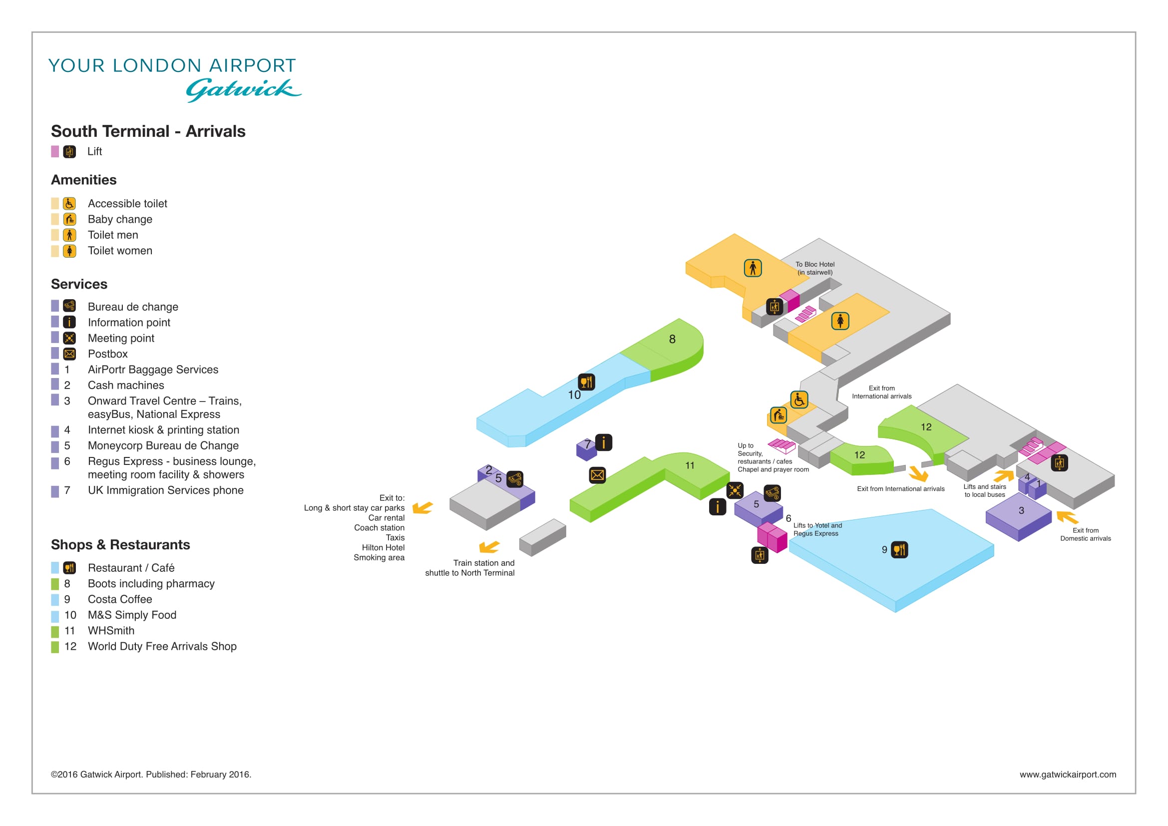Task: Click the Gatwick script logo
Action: pos(243,89)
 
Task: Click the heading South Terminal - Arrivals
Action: pos(148,131)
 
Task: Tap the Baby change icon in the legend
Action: pos(70,219)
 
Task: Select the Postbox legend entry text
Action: pos(108,354)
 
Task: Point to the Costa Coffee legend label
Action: pos(120,599)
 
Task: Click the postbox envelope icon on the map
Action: pos(597,475)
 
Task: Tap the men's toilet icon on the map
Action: pos(753,268)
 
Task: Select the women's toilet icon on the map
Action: pos(840,321)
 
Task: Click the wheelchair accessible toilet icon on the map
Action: pos(799,400)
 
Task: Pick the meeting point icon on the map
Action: pos(735,490)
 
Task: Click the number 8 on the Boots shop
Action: pos(672,339)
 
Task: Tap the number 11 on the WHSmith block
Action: pos(690,465)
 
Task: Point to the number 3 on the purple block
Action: pos(1021,511)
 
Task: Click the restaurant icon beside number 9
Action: pos(899,550)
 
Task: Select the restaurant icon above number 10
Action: pos(587,382)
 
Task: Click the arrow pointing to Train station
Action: pos(489,547)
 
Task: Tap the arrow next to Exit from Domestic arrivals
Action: pos(1067,517)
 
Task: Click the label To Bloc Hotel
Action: pos(815,265)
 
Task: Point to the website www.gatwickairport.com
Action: pos(1068,775)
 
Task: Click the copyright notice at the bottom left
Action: pos(151,775)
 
